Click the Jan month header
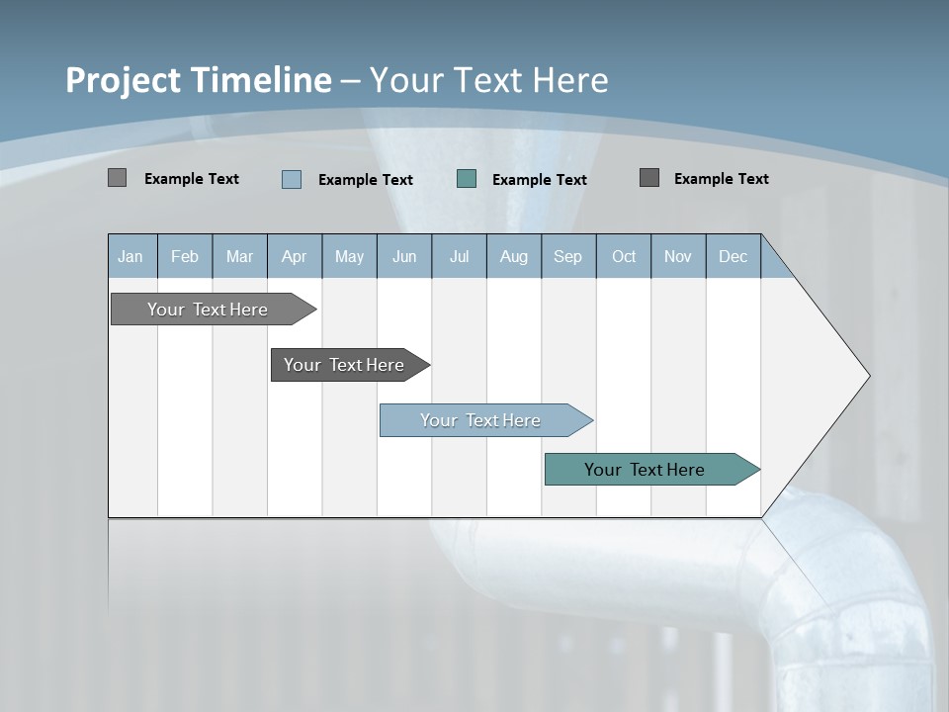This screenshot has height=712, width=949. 130,257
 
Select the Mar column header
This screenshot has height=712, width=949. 239,257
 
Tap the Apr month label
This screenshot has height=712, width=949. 294,257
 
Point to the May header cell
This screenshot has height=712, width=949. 349,257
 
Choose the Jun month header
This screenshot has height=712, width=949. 404,257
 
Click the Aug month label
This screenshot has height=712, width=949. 513,257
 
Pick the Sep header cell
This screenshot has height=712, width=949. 567,257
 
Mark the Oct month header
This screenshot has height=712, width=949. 624,257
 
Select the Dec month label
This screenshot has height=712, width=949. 733,257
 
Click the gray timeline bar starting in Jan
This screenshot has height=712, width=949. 208,310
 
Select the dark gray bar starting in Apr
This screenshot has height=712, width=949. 344,365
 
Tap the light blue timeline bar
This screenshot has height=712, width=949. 480,420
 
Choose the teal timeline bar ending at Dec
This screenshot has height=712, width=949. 645,470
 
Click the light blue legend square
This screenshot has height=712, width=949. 292,179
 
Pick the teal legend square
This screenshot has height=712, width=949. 467,179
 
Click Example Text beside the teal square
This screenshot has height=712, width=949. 539,180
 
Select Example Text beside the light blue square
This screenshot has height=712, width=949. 365,180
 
